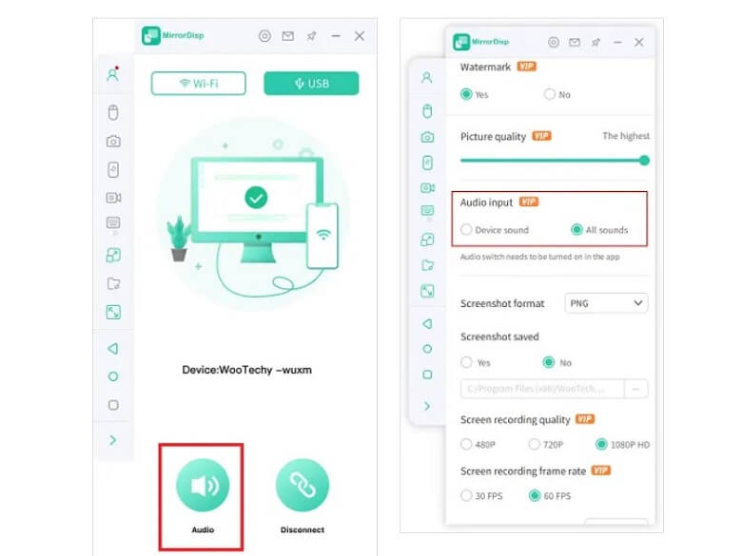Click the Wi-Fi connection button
(198, 84)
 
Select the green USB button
(311, 84)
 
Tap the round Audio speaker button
(202, 485)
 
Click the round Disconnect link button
(302, 485)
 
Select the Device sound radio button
(466, 230)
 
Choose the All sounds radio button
(576, 230)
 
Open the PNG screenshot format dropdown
(606, 303)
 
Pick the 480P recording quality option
(466, 444)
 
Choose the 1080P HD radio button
(600, 444)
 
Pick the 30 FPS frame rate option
(466, 495)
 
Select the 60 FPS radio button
(535, 495)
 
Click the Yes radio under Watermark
(466, 94)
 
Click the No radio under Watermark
(550, 94)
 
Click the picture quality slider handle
(644, 160)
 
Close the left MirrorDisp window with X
(360, 36)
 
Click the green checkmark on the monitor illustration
(255, 198)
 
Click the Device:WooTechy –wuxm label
(246, 370)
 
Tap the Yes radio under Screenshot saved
(466, 362)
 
